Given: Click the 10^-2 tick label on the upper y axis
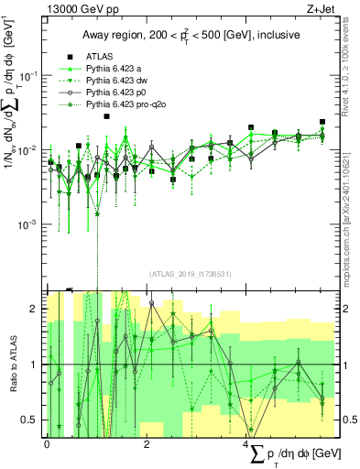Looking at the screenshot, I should point(29,149).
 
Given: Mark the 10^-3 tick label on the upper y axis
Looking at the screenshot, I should point(29,224).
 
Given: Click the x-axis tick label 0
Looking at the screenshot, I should point(47,443).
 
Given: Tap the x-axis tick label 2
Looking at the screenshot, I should point(147,443).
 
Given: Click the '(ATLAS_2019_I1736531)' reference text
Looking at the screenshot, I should point(190,273).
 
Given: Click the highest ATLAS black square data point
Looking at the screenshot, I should point(107,116).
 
